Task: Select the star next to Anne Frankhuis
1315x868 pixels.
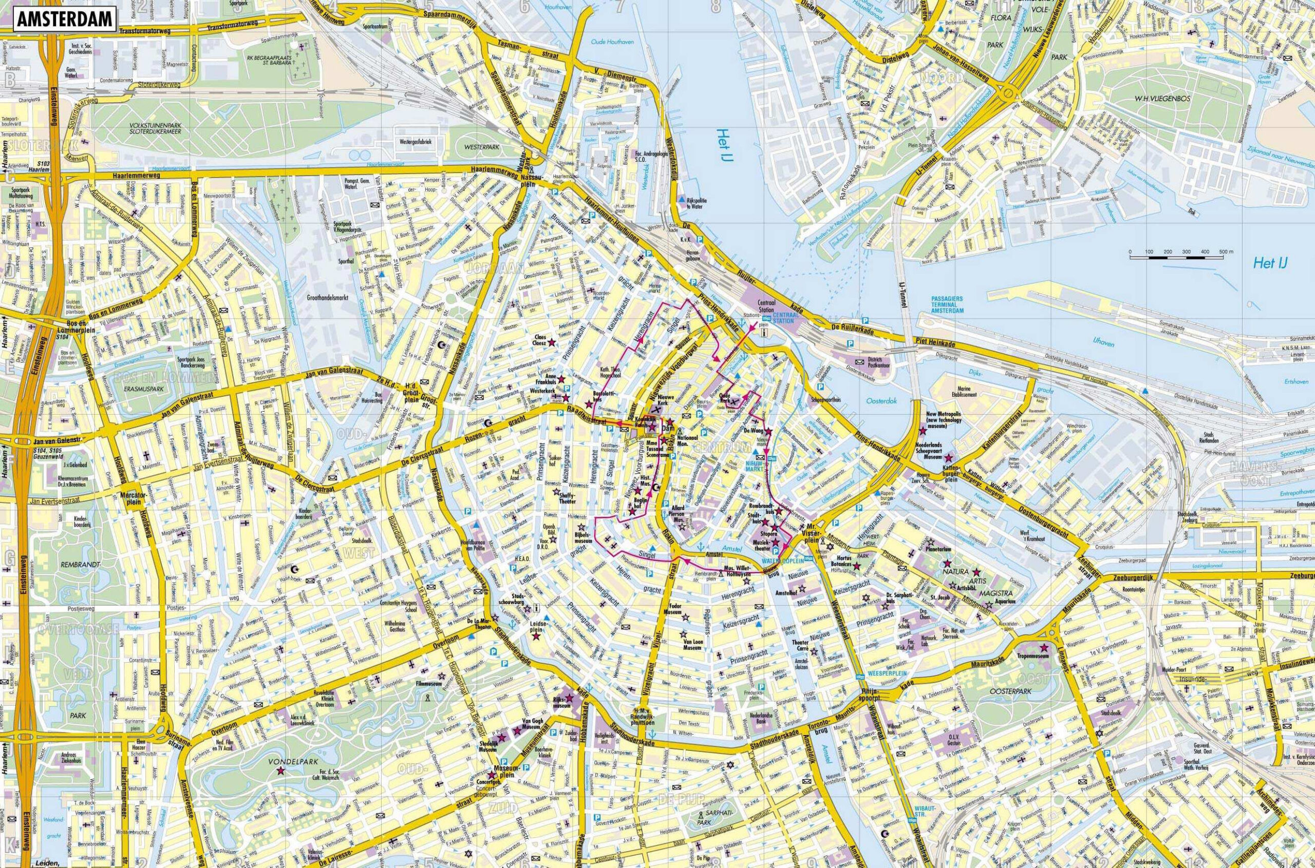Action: [561, 379]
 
